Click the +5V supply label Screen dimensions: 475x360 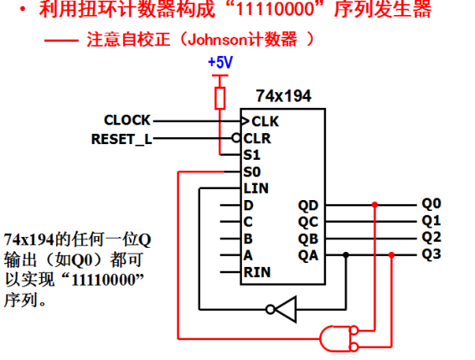point(220,63)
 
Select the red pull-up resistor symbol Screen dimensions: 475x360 point(220,98)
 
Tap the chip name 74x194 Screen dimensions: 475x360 point(283,96)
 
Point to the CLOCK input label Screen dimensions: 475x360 point(127,121)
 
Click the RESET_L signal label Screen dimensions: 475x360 point(121,139)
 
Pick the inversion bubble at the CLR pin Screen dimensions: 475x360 point(236,138)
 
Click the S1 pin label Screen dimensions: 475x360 point(251,155)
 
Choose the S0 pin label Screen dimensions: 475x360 point(252,172)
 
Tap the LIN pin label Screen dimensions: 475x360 point(256,188)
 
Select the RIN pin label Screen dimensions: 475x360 point(257,272)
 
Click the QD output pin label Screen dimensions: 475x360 point(308,206)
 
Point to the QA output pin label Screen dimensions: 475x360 point(308,255)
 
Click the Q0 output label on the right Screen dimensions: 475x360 point(431,203)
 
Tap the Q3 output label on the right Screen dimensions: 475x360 point(431,254)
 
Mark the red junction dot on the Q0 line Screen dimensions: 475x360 point(375,205)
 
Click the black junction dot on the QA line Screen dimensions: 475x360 point(346,255)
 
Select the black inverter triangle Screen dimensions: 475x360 point(286,310)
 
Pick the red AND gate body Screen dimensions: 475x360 point(335,339)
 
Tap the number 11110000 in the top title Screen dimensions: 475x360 point(275,8)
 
